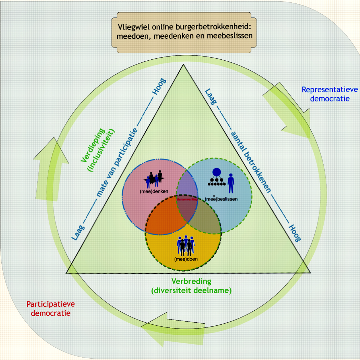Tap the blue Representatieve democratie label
[329, 94]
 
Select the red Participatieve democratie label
[50, 308]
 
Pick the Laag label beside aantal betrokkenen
[210, 96]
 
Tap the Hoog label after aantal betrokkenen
[294, 233]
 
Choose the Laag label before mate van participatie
[77, 232]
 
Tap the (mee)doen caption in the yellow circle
[186, 259]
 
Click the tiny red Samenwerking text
[187, 199]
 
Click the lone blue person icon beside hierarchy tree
[231, 183]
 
